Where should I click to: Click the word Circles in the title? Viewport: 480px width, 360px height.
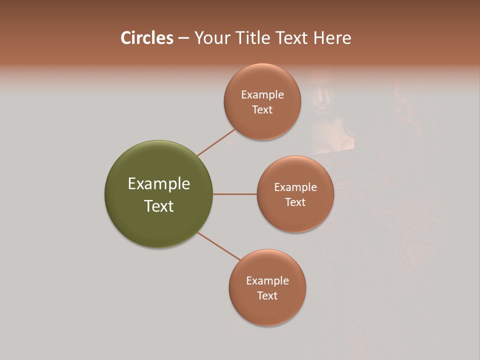coord(146,38)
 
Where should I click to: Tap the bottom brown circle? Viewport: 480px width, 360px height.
coord(267,310)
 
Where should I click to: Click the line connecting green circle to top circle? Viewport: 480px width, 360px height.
coord(216,142)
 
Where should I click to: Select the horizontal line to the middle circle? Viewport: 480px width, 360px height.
coord(235,194)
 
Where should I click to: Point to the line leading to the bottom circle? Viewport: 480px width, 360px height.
coord(219,246)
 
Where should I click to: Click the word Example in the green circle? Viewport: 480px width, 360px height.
coord(159,184)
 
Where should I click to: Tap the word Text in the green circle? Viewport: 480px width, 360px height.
coord(159,206)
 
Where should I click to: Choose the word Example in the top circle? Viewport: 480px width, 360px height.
coord(262,95)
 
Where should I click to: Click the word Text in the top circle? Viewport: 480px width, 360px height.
coord(262,110)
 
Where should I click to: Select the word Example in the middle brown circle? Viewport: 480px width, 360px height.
coord(295,187)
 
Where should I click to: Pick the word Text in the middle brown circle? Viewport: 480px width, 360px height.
coord(295,202)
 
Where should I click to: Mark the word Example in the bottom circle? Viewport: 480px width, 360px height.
coord(267,281)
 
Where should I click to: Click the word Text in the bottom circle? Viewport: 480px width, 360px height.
coord(267,296)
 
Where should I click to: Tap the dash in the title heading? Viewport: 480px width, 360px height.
coord(183,38)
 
